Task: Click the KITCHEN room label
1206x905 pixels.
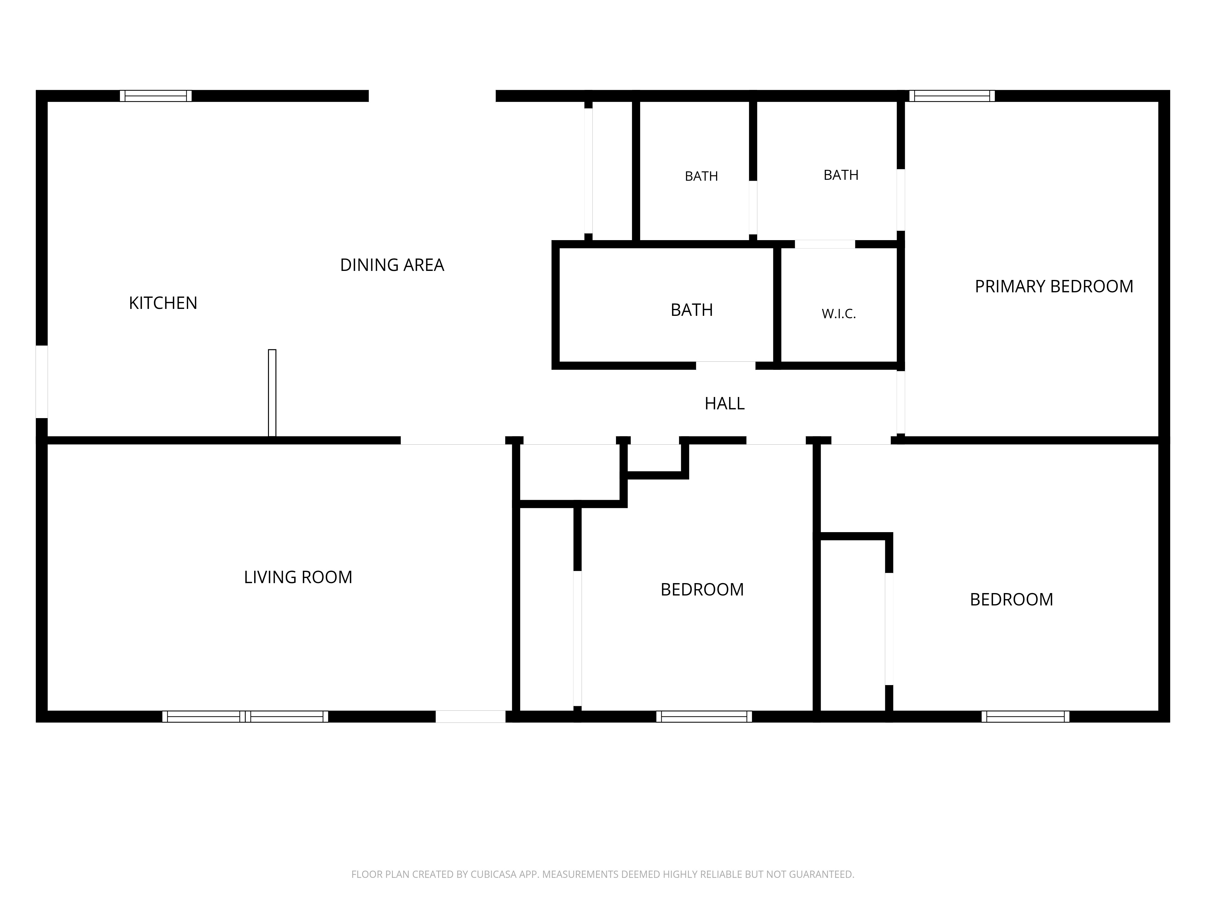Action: [x=163, y=303]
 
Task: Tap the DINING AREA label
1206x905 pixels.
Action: [x=392, y=265]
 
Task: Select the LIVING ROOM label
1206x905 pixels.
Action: [x=298, y=577]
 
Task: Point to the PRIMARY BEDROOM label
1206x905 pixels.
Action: [x=1054, y=286]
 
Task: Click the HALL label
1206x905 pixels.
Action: [x=725, y=404]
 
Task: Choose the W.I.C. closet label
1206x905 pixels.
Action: [x=838, y=314]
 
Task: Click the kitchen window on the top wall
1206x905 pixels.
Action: [x=156, y=96]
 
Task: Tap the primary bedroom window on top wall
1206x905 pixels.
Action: [x=952, y=96]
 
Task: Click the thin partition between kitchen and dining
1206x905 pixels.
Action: [x=272, y=393]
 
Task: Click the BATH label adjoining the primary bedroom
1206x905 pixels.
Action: [x=841, y=175]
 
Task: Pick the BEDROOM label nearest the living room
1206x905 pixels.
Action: [x=702, y=590]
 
